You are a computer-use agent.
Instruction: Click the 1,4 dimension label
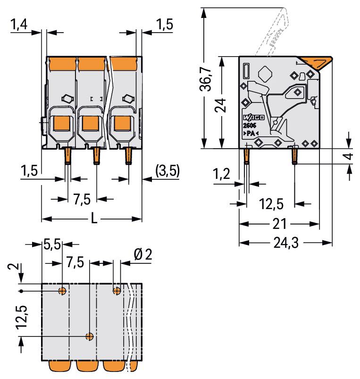(19, 25)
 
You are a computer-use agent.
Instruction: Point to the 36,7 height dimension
(206, 79)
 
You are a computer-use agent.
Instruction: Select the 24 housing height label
(220, 105)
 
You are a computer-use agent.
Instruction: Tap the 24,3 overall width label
(286, 243)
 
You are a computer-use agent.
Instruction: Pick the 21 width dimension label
(279, 224)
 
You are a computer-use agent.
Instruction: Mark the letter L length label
(94, 218)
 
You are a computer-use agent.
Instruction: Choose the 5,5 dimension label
(52, 244)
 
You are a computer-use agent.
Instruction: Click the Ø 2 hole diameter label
(143, 254)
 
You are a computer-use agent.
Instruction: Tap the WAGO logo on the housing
(253, 118)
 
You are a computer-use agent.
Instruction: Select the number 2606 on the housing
(249, 126)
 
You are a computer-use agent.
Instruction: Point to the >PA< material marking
(251, 133)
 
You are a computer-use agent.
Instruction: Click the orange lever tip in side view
(316, 63)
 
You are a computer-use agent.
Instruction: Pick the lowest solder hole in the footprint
(90, 336)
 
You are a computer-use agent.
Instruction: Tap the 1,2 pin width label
(221, 174)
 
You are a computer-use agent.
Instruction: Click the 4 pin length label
(349, 156)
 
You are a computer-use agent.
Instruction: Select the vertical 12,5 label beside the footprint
(22, 317)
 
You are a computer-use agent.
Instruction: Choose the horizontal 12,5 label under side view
(271, 204)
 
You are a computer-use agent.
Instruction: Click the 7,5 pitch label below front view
(82, 199)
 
